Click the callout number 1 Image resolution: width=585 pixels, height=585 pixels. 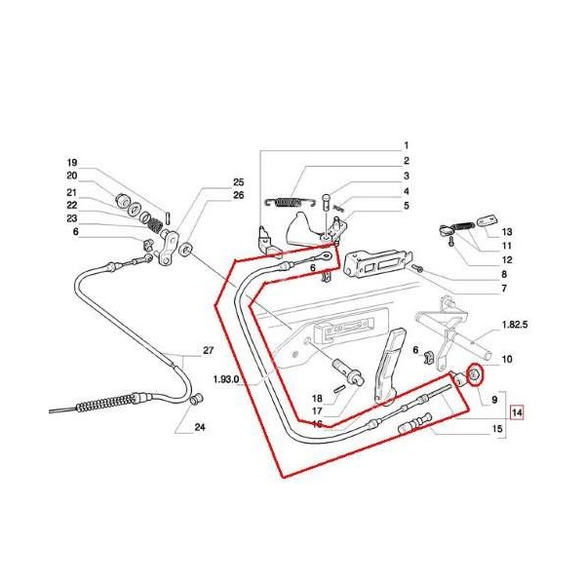click(406, 145)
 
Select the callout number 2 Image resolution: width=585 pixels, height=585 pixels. click(406, 161)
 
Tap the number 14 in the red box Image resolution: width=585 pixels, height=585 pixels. click(517, 412)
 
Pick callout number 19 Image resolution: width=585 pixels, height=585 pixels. click(71, 162)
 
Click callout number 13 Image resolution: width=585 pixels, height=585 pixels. click(507, 231)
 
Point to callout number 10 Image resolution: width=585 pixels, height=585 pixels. click(507, 360)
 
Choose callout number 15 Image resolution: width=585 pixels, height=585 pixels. click(497, 429)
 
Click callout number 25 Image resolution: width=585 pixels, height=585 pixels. click(238, 182)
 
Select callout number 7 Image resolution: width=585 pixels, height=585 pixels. click(503, 290)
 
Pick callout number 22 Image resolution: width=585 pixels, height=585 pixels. click(71, 205)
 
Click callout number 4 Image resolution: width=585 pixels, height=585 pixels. click(406, 191)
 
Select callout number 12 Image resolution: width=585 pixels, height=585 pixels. click(507, 260)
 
